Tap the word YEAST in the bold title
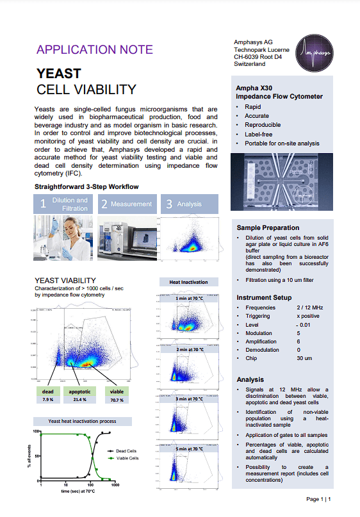[59, 74]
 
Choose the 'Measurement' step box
[127, 204]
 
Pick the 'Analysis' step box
[188, 204]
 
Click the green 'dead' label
[48, 391]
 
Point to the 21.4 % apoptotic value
[79, 400]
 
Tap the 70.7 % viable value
[117, 400]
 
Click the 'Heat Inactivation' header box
[188, 282]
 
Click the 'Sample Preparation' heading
[268, 227]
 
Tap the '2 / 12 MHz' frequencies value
[310, 308]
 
